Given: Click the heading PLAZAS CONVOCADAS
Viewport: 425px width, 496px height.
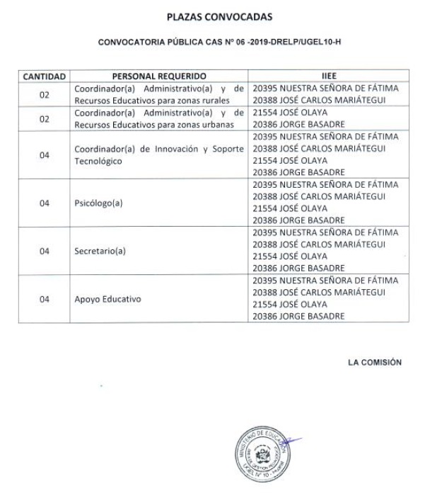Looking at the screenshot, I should (x=212, y=16).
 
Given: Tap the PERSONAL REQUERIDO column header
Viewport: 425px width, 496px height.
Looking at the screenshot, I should (x=159, y=75).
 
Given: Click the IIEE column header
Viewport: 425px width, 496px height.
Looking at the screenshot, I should (x=327, y=75).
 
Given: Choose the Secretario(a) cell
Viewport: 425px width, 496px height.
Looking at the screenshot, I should (x=100, y=251).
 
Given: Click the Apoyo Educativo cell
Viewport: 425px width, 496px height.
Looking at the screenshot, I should (x=107, y=299).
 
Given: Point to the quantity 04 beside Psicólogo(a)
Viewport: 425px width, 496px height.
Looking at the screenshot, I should (x=44, y=203).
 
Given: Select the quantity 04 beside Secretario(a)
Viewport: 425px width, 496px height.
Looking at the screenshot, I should (x=44, y=251).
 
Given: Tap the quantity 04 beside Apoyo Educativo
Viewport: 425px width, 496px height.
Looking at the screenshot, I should (x=44, y=299).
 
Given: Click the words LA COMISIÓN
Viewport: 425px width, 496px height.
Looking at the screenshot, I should (x=375, y=363).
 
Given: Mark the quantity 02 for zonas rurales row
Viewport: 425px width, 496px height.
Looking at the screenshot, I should (x=44, y=94).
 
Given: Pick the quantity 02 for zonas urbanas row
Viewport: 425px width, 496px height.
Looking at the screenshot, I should (x=44, y=119).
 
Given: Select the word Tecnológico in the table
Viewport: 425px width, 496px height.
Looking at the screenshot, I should (x=99, y=161).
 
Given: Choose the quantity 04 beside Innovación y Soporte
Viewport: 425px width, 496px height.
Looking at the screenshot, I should (x=44, y=155).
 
